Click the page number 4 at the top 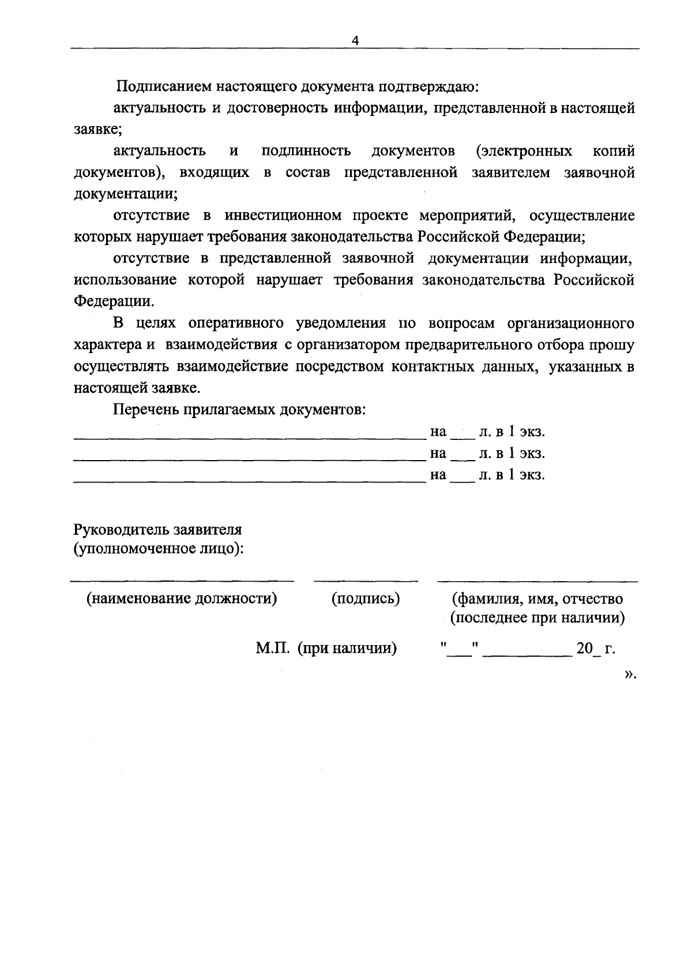(355, 40)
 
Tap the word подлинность (306, 151)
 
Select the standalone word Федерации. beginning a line (114, 302)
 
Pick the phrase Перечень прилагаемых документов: (239, 409)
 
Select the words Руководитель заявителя (157, 529)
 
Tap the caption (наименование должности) (182, 598)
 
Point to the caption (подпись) (366, 598)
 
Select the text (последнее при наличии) (537, 618)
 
